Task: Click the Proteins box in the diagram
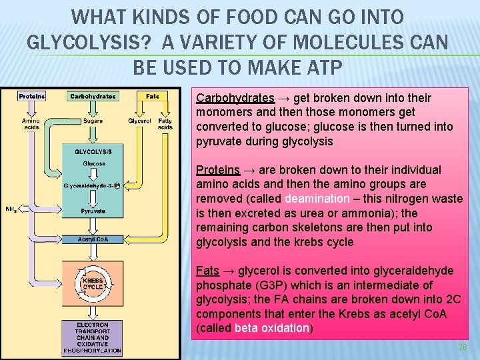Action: [x=32, y=96]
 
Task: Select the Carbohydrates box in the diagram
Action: [x=93, y=96]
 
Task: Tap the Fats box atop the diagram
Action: [x=152, y=96]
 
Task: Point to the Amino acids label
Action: [x=31, y=124]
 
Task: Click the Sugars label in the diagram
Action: [x=93, y=121]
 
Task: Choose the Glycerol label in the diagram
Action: [x=140, y=121]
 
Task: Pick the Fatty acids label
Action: [x=165, y=124]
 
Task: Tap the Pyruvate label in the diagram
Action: [x=93, y=211]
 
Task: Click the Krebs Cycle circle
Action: [x=93, y=283]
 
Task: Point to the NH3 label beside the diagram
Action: [x=11, y=209]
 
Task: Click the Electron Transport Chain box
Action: [x=93, y=337]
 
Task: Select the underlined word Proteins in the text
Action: [x=217, y=169]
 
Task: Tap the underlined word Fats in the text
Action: [x=207, y=271]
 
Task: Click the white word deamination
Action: [x=317, y=199]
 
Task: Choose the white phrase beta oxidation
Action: [x=272, y=328]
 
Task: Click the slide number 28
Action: [x=463, y=349]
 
